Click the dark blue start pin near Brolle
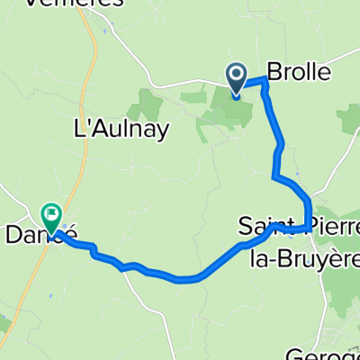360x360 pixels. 237,77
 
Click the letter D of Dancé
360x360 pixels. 14,235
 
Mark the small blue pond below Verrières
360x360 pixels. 105,31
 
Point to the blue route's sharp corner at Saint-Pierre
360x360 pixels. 310,225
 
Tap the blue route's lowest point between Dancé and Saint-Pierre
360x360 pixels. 189,278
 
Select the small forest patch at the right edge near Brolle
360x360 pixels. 350,117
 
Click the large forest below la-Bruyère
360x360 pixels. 337,288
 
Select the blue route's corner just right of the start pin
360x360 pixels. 265,82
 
